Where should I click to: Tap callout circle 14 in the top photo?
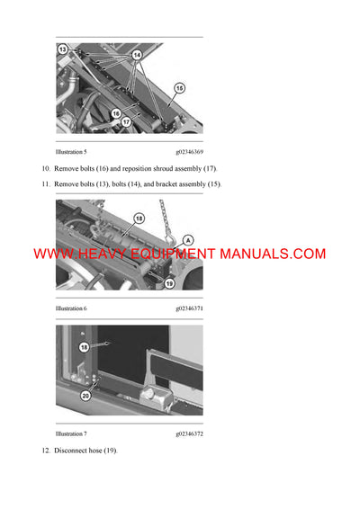pyautogui.click(x=138, y=56)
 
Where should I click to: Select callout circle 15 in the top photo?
pyautogui.click(x=179, y=88)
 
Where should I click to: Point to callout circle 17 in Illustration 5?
pyautogui.click(x=127, y=121)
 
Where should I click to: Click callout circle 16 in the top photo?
pyautogui.click(x=115, y=113)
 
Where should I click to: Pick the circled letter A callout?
pyautogui.click(x=187, y=239)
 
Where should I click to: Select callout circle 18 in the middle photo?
pyautogui.click(x=139, y=219)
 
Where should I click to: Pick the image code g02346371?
pyautogui.click(x=190, y=308)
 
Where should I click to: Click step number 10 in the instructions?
pyautogui.click(x=46, y=169)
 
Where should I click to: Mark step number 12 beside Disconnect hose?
pyautogui.click(x=46, y=450)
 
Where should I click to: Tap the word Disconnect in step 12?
pyautogui.click(x=71, y=450)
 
